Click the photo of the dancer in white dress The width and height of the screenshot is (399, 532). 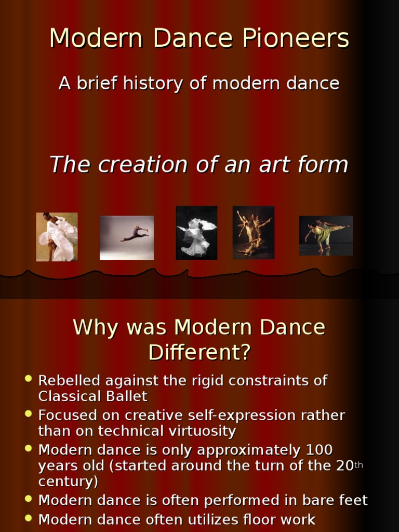pyautogui.click(x=57, y=237)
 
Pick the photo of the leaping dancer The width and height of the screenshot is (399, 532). pyautogui.click(x=126, y=237)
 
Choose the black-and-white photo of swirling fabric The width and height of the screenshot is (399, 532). pyautogui.click(x=196, y=232)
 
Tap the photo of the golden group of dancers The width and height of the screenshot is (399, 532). pyautogui.click(x=253, y=232)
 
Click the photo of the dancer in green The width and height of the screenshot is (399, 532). pyautogui.click(x=326, y=235)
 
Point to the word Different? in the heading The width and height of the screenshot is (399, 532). pyautogui.click(x=199, y=353)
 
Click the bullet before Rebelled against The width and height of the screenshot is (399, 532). pyautogui.click(x=29, y=379)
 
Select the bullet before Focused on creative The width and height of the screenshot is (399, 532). pyautogui.click(x=29, y=414)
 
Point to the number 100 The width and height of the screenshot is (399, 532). pyautogui.click(x=319, y=449)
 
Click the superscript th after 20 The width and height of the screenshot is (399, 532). pyautogui.click(x=358, y=463)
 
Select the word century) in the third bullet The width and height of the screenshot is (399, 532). pyautogui.click(x=68, y=482)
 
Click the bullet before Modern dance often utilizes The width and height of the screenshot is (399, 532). pyautogui.click(x=29, y=517)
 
